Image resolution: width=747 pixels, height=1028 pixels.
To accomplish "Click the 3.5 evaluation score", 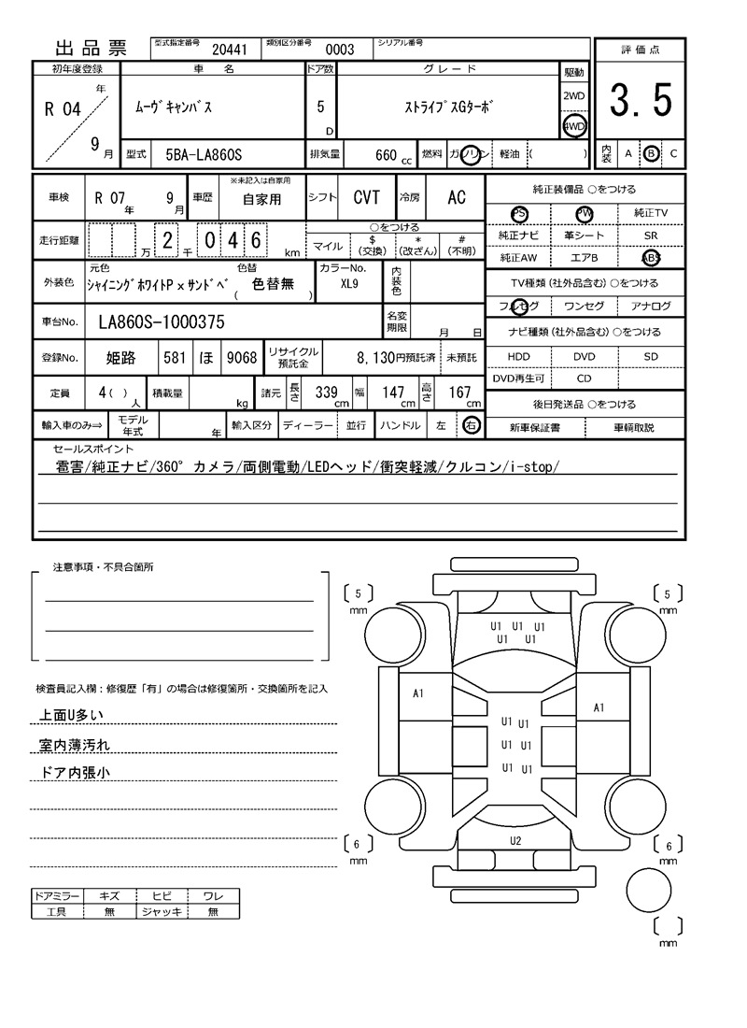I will [641, 101].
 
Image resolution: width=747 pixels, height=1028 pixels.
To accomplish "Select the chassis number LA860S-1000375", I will [162, 322].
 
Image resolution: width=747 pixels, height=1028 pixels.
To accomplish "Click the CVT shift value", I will [366, 197].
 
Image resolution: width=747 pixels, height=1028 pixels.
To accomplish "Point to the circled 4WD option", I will [573, 126].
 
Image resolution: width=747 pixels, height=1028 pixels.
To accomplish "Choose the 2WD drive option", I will [573, 96].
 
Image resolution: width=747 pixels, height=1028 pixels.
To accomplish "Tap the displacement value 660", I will [386, 154].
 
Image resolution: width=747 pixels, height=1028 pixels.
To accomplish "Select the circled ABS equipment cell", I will [651, 257].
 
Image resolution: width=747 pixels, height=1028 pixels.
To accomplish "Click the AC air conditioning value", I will [456, 197].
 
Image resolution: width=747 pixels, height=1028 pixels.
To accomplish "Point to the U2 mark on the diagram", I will [515, 841].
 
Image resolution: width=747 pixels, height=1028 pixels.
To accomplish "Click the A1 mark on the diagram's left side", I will [418, 693].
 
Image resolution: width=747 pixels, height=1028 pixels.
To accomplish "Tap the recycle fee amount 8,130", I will [385, 357].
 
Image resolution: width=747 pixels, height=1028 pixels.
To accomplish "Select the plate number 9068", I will [241, 357].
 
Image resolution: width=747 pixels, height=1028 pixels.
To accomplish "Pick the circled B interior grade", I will [652, 153].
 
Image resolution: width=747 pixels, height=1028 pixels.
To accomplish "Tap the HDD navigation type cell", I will [517, 357].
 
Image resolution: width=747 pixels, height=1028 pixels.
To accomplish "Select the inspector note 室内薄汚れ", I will [74, 745].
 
